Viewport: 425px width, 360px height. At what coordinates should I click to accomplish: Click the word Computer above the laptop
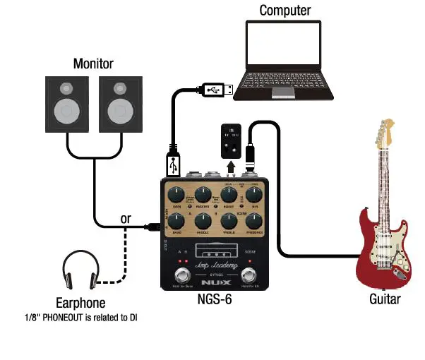coord(285,10)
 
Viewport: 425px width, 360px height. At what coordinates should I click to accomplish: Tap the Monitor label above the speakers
coord(93,64)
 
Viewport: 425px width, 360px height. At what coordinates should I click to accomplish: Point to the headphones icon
coord(78,271)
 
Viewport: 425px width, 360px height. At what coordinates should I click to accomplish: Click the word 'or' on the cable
coord(126,219)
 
